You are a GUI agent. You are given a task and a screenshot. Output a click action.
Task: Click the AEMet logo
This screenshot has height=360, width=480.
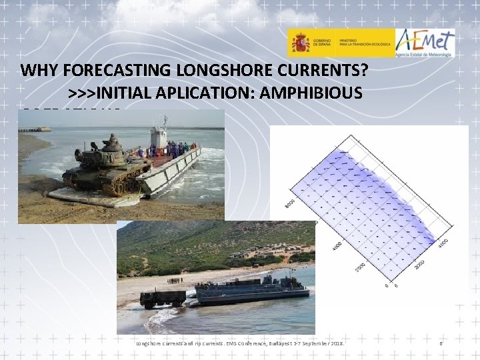coord(425,43)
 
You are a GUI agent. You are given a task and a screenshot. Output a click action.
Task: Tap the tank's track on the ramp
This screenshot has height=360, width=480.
coord(100,183)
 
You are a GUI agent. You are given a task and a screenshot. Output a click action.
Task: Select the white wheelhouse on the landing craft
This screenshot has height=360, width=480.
coord(159,137)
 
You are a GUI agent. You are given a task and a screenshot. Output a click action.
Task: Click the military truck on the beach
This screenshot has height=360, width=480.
coord(163,298)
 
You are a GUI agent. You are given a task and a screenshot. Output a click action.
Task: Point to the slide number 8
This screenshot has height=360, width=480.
coord(441,344)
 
